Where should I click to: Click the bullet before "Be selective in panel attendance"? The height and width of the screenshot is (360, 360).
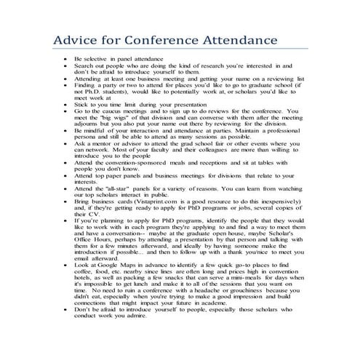pos(65,57)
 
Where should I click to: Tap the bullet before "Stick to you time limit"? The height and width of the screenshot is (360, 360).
pos(65,103)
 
